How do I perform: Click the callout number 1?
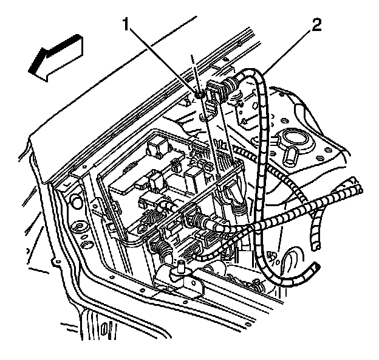(x=126, y=26)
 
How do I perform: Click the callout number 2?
(x=315, y=26)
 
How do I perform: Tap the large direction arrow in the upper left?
(x=56, y=56)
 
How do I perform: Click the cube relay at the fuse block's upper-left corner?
(x=154, y=148)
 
